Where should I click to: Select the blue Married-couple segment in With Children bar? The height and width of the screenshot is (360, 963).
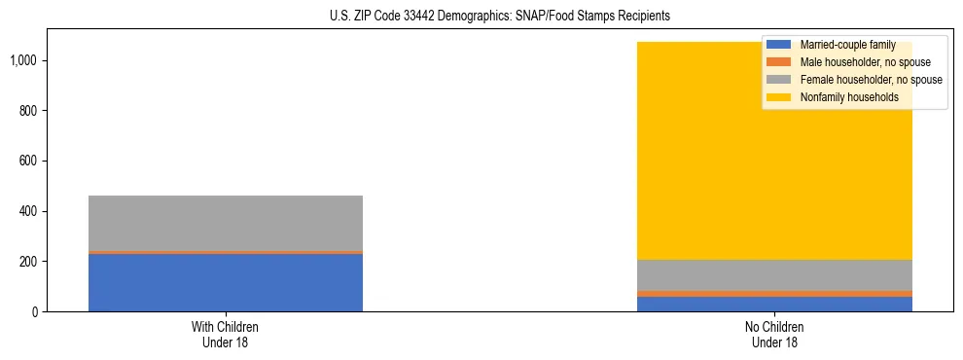click(225, 282)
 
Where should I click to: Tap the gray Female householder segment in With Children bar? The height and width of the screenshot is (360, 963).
click(225, 223)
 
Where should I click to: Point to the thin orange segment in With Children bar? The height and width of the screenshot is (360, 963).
click(225, 252)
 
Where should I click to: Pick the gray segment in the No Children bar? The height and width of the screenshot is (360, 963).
click(775, 274)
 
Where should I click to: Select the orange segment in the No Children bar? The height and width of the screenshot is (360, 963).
click(775, 293)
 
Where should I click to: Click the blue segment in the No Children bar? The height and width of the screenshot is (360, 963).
click(775, 304)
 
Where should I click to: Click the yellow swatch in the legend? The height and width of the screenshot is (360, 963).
click(779, 97)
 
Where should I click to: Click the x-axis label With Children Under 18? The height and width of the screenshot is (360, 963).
click(225, 334)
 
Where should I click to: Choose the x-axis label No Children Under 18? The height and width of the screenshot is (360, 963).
click(775, 334)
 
